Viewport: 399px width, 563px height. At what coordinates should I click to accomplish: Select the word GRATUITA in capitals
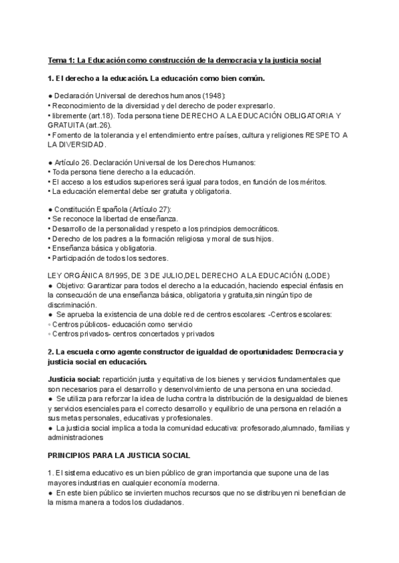click(67, 124)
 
